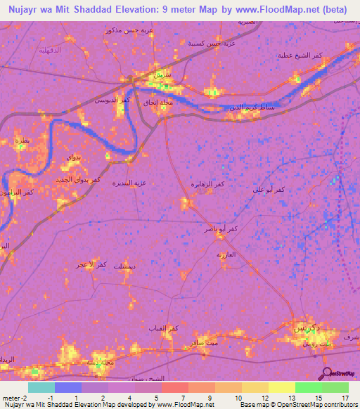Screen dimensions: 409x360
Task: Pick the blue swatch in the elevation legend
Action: pos(68,387)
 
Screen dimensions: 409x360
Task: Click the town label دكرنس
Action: pos(307,328)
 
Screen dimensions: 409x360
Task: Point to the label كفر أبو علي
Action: pos(271,190)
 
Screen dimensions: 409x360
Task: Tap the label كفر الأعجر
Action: pos(91,264)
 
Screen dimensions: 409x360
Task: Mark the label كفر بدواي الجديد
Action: pos(79,180)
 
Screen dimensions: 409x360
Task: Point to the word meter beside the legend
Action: pos(12,397)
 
